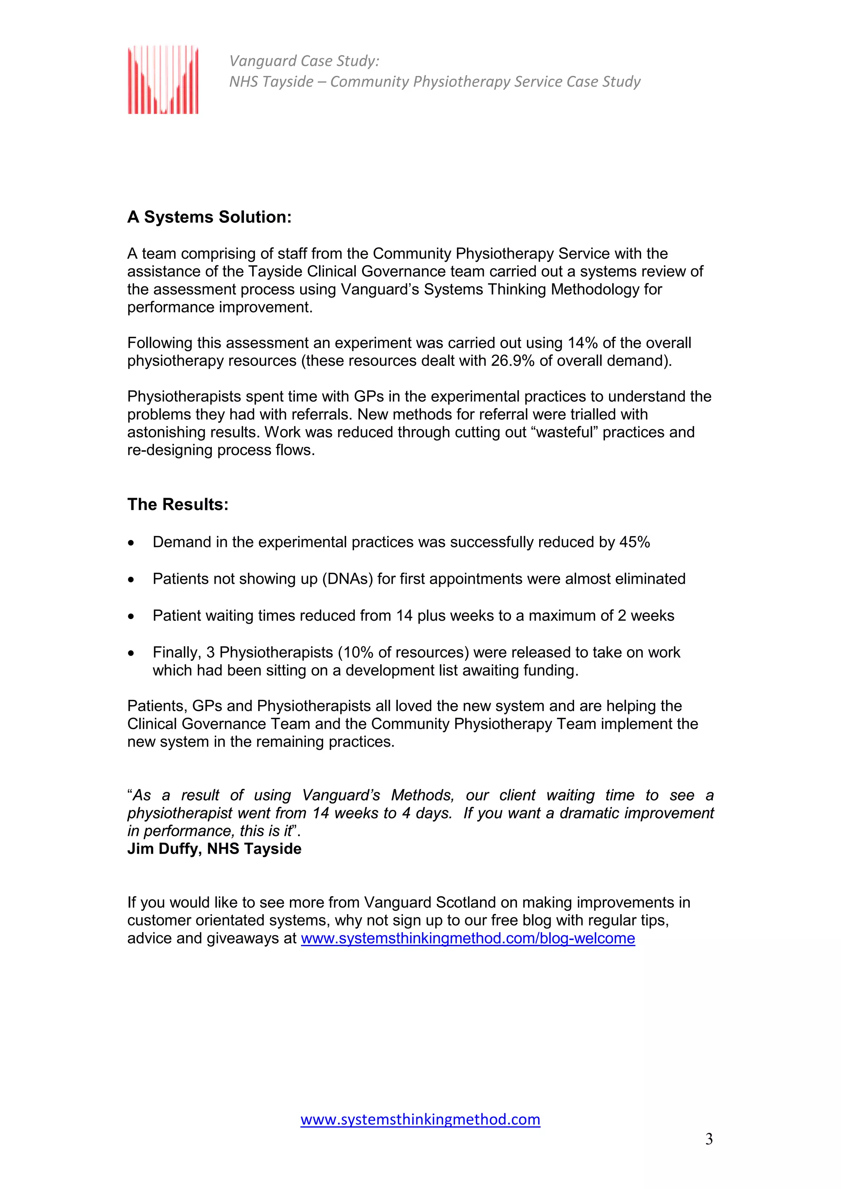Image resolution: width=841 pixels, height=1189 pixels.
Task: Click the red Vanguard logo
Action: (x=163, y=79)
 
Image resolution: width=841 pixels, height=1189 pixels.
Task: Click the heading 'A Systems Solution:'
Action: (x=209, y=217)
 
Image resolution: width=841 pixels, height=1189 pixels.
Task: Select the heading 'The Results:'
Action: (x=178, y=504)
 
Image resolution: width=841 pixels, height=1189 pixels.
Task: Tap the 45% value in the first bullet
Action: (x=635, y=542)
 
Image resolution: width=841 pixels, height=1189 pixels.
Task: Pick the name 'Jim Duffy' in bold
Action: (x=162, y=849)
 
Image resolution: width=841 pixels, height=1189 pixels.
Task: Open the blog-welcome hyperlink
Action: (x=467, y=938)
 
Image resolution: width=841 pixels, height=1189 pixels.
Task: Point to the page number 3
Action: (x=709, y=1139)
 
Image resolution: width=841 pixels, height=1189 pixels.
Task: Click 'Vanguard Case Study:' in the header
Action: (x=304, y=61)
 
